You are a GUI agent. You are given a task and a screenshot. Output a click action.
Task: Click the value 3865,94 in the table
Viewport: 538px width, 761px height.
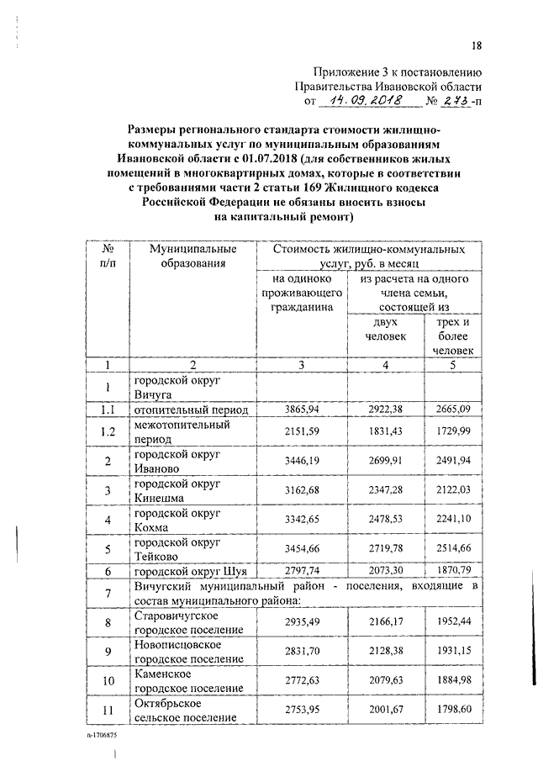coord(296,409)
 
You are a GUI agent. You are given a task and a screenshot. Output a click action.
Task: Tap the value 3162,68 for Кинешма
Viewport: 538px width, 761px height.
coord(296,490)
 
